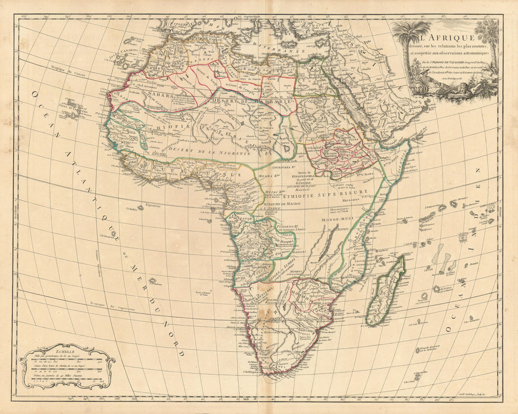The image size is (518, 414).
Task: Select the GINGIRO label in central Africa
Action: point(304,183)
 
